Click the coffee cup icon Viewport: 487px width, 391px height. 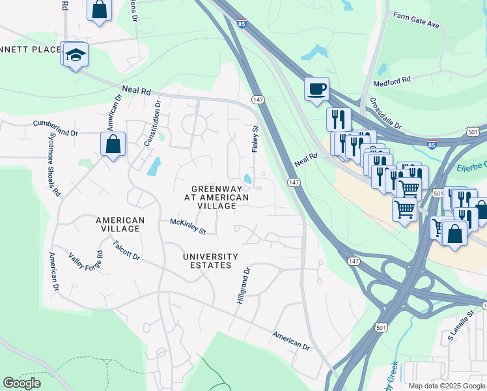click(x=316, y=89)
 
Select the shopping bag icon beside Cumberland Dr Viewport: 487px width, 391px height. click(x=113, y=144)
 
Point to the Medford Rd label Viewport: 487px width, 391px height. click(x=391, y=80)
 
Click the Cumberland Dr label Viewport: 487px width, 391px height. click(x=55, y=123)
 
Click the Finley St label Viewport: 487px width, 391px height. click(x=255, y=139)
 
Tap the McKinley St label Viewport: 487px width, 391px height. click(x=188, y=227)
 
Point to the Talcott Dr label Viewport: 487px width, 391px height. click(x=126, y=251)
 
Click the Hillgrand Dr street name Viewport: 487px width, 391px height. click(x=243, y=286)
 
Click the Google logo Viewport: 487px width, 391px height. click(x=21, y=383)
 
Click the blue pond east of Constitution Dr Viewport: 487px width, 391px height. click(x=154, y=167)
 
